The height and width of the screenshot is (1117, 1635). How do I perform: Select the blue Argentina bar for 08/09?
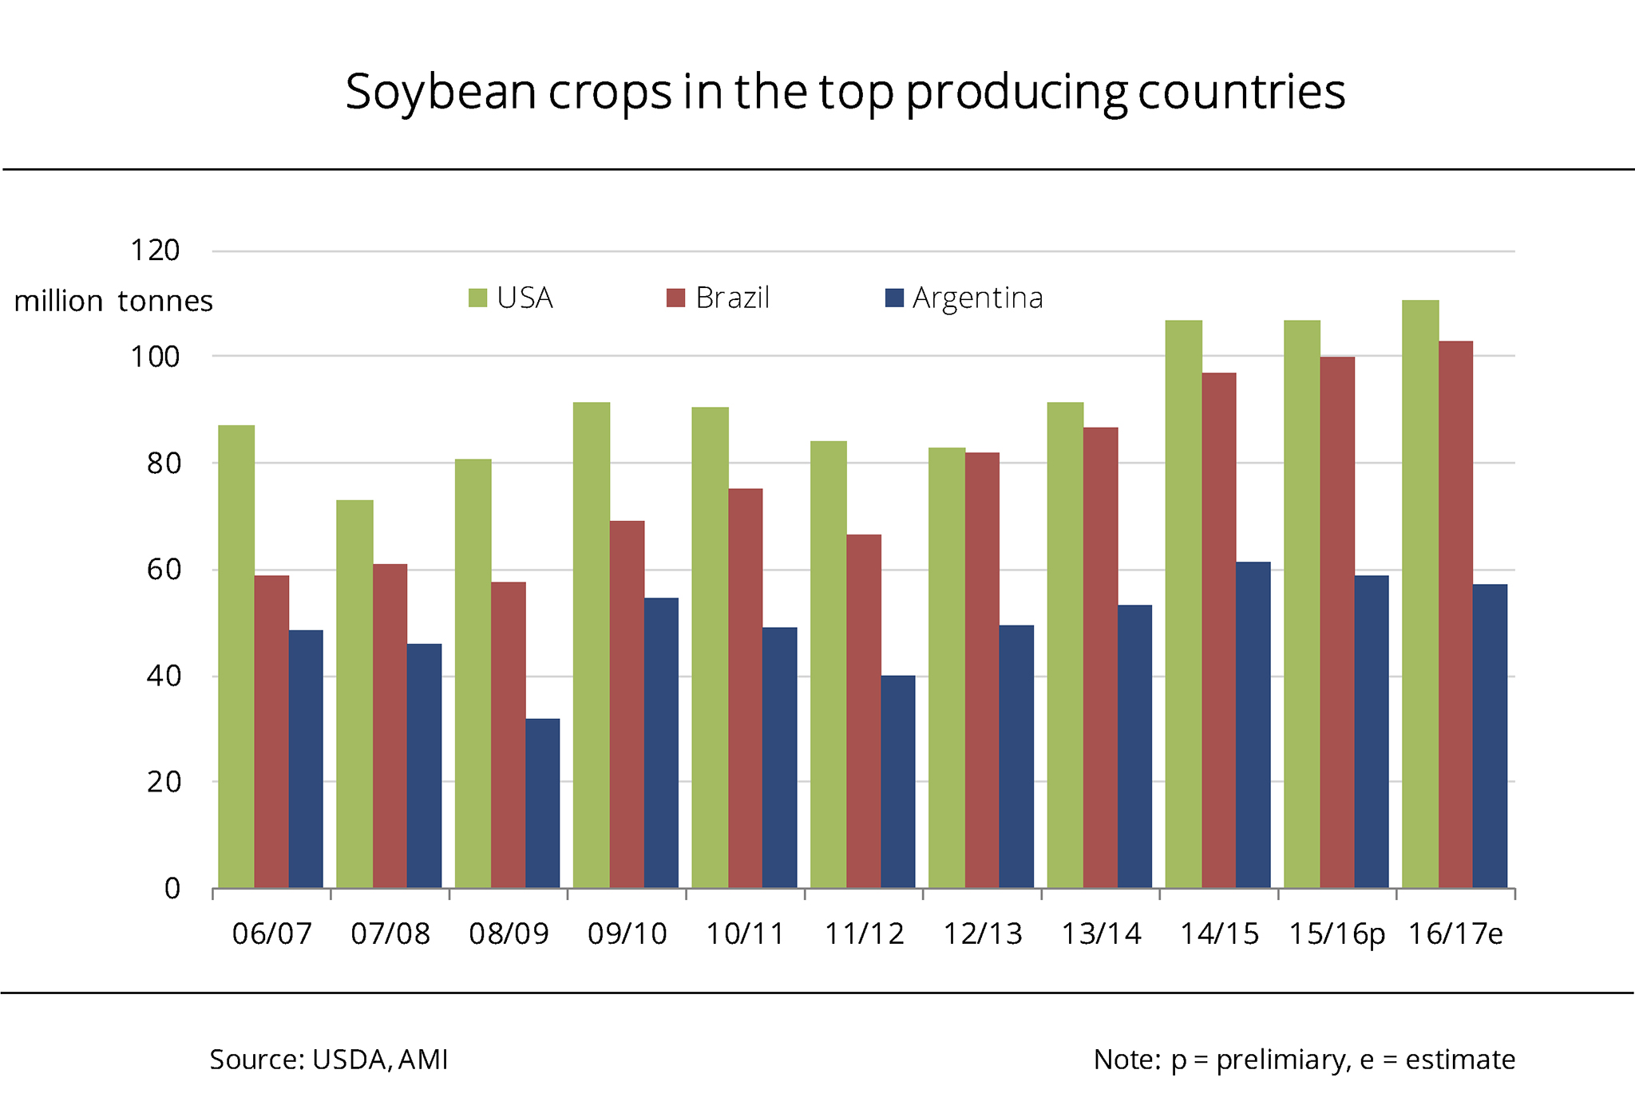[543, 803]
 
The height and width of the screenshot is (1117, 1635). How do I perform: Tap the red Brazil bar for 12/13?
[982, 670]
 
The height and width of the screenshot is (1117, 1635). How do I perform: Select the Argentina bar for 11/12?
[898, 782]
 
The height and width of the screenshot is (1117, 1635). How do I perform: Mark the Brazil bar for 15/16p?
[1337, 622]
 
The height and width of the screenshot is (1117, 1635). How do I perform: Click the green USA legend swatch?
[477, 298]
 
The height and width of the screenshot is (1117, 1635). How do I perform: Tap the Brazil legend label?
[732, 298]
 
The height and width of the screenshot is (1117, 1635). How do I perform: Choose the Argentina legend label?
[978, 298]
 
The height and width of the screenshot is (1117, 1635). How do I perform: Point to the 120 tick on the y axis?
[155, 251]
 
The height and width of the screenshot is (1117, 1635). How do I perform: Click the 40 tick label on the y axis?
[164, 676]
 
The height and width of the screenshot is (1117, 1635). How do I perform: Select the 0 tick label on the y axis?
[172, 888]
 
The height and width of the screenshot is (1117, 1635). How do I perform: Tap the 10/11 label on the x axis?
[745, 933]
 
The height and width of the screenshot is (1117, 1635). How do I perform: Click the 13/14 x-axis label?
[1101, 933]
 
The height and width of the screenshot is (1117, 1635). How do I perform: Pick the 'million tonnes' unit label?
[113, 302]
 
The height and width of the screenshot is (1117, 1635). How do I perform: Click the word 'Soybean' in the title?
[440, 93]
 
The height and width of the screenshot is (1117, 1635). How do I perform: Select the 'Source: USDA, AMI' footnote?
[329, 1060]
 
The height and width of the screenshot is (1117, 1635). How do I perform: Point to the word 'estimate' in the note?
[1460, 1060]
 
